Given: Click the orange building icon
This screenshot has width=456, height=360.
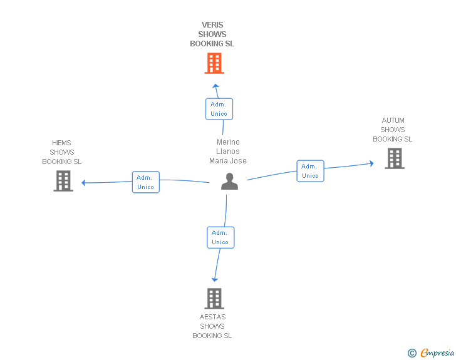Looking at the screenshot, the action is coord(214,63).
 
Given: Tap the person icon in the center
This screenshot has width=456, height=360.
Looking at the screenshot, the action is coord(229,182).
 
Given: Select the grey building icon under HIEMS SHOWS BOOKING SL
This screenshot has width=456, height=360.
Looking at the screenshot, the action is coord(63,181).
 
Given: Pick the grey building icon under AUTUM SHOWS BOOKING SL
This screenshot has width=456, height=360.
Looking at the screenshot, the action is coord(395,158).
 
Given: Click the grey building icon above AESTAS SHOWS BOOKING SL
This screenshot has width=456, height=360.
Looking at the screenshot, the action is coord(214,299).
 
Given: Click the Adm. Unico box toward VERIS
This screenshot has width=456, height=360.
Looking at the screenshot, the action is coord(219,109).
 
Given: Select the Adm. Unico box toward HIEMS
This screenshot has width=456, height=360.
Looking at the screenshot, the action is coord(146,182).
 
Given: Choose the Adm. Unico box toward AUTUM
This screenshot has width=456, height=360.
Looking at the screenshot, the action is coord(310,171).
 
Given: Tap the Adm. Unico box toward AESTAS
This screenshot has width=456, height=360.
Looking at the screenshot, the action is coord(220,237).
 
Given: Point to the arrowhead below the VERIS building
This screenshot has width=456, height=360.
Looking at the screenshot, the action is coord(215,86).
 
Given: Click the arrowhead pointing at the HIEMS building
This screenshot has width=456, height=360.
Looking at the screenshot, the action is coord(83,183).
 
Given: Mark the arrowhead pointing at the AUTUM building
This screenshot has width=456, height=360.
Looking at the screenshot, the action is coord(371,163).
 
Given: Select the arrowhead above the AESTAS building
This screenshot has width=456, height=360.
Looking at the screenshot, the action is coord(215,280).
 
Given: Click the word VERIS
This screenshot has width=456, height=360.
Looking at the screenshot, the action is coord(212,25).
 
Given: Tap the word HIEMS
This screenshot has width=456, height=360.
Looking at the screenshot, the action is coord(61,143).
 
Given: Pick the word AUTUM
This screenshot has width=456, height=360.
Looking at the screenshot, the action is coord(393,120).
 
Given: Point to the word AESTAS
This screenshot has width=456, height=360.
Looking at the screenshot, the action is coord(212,317).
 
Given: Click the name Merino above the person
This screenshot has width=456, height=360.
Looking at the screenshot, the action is coord(228,142).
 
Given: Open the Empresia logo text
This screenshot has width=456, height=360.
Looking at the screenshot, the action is coord(437,353).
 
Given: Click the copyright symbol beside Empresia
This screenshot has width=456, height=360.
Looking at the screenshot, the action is coord(412,353).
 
